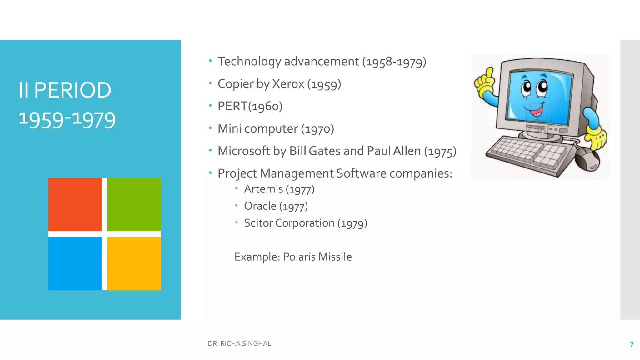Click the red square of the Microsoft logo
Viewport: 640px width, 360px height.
(x=75, y=204)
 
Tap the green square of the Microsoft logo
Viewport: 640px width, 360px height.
(x=134, y=204)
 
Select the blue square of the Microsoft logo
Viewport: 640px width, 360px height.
(x=75, y=263)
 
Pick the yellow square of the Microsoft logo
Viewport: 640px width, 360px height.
(x=134, y=263)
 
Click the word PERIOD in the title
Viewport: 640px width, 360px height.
(x=72, y=90)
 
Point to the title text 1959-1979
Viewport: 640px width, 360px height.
(x=67, y=120)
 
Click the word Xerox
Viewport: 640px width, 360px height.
(x=288, y=84)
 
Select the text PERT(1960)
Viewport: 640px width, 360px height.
(x=250, y=106)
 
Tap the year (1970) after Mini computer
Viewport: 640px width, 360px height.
(x=317, y=129)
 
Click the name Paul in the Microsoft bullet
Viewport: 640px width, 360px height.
(x=378, y=151)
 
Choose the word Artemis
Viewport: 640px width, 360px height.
(x=263, y=189)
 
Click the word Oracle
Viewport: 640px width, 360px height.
(x=260, y=206)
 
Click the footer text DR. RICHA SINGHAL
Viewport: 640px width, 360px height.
(x=239, y=343)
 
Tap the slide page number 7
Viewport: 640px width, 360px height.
(x=632, y=345)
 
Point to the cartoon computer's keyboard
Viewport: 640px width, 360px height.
(x=528, y=153)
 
